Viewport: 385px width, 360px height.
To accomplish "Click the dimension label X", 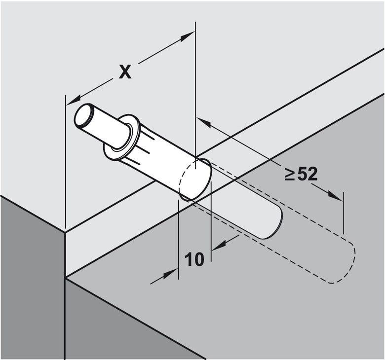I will (x=125, y=72).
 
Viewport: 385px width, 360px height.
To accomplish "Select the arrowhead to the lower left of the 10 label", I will (x=171, y=273).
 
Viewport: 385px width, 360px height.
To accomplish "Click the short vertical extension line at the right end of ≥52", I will (x=342, y=212).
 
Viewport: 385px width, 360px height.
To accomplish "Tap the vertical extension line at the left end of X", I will (x=66, y=163).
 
